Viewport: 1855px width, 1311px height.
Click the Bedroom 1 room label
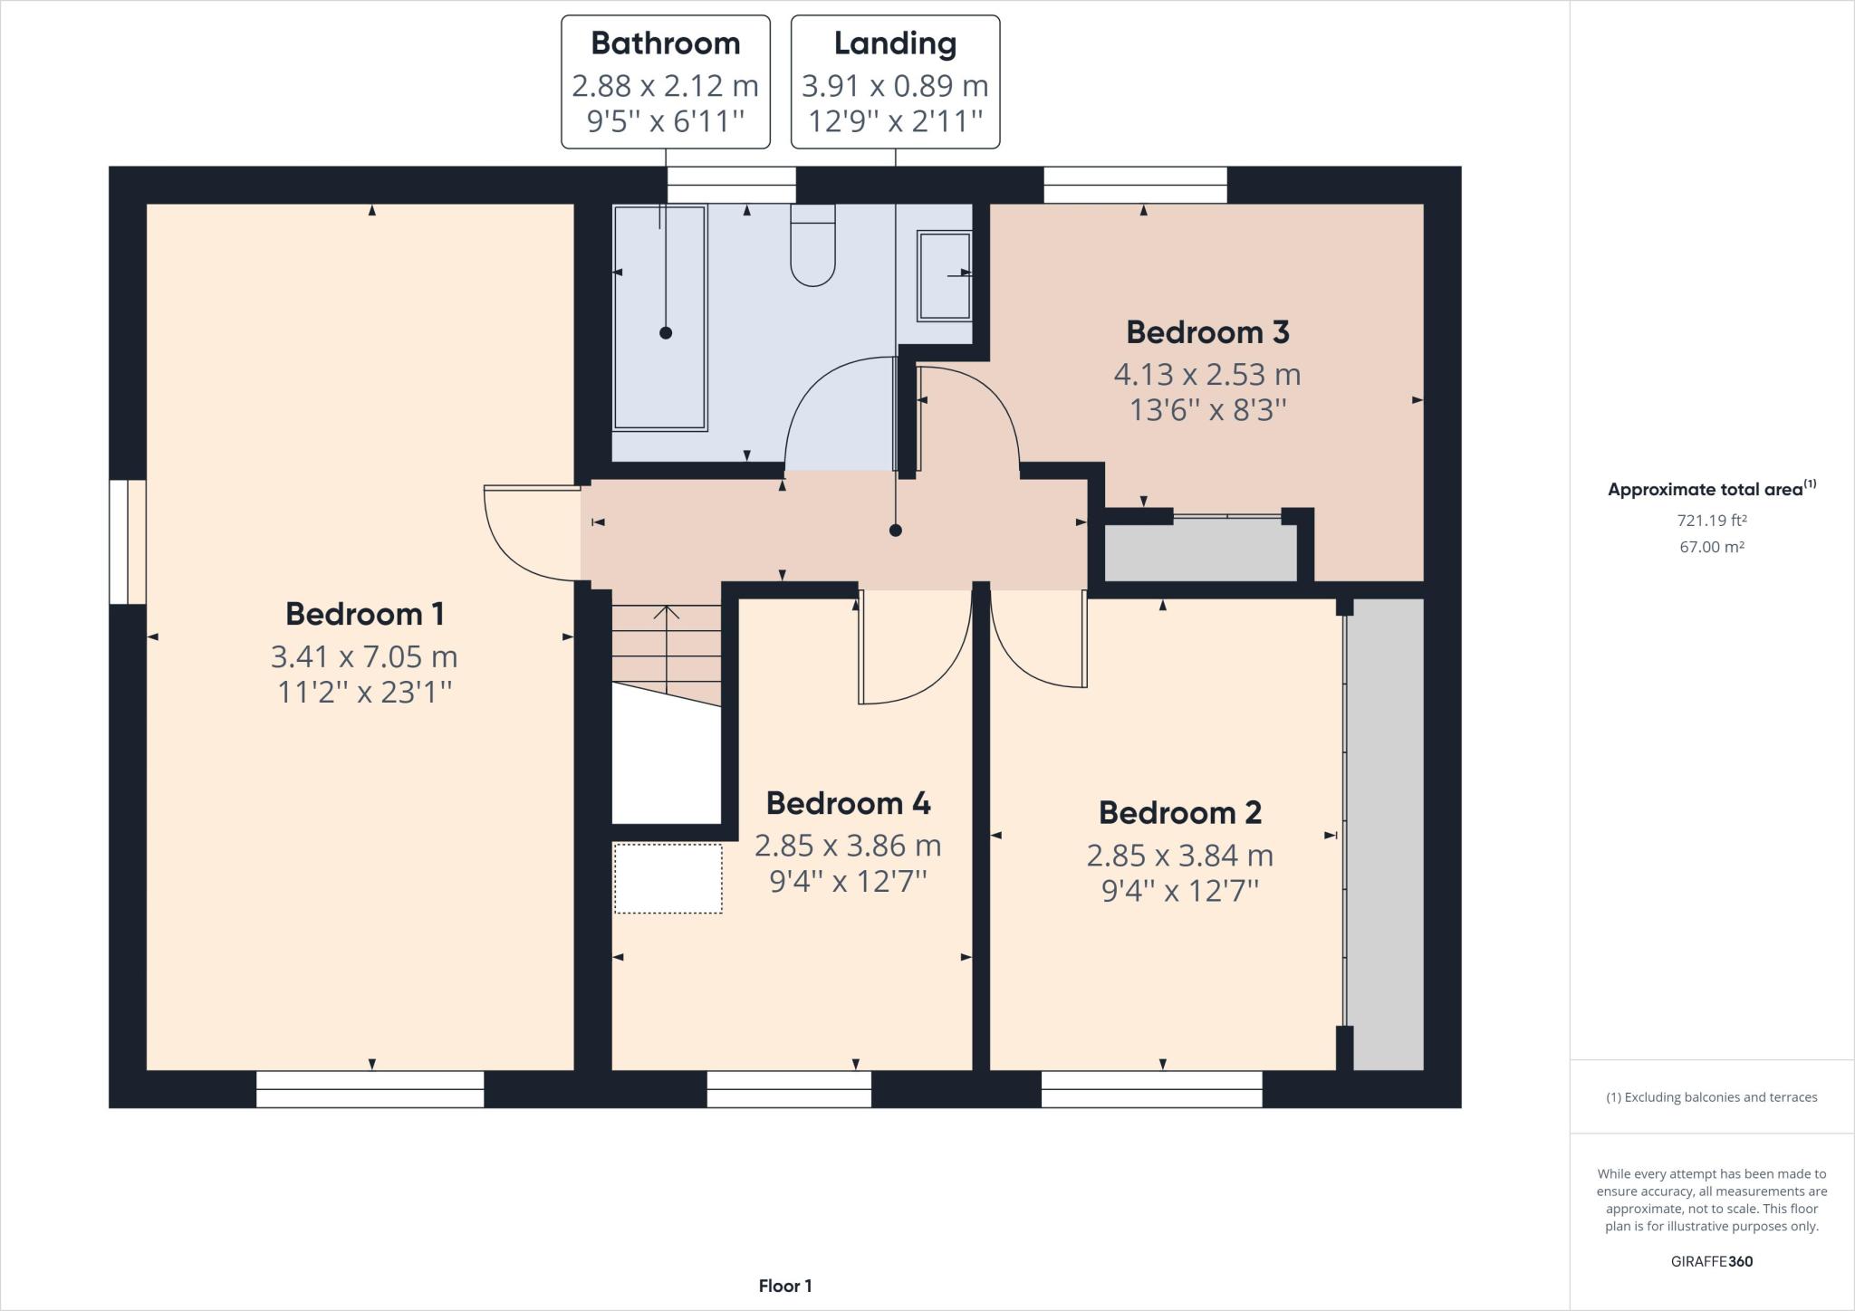click(365, 614)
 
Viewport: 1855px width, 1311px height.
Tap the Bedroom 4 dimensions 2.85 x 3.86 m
click(848, 846)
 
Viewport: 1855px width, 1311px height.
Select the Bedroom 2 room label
click(1180, 812)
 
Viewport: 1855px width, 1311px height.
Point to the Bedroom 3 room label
click(1207, 332)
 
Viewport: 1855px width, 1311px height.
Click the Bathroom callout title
click(666, 43)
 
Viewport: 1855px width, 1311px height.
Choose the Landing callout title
click(895, 43)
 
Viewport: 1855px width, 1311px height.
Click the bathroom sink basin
click(945, 275)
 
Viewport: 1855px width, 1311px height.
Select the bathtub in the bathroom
click(659, 318)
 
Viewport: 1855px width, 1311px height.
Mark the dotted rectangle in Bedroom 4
click(668, 878)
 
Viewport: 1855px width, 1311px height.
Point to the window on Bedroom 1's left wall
click(128, 541)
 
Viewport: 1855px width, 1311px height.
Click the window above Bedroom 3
click(1135, 186)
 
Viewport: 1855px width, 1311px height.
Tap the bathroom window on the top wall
click(732, 186)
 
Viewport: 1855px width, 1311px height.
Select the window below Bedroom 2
click(1151, 1089)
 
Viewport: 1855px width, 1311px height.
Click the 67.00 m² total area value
click(1712, 547)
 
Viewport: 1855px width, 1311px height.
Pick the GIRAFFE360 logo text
click(1712, 1261)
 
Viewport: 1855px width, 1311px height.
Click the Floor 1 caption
click(785, 1286)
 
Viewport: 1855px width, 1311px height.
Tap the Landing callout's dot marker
click(895, 531)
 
